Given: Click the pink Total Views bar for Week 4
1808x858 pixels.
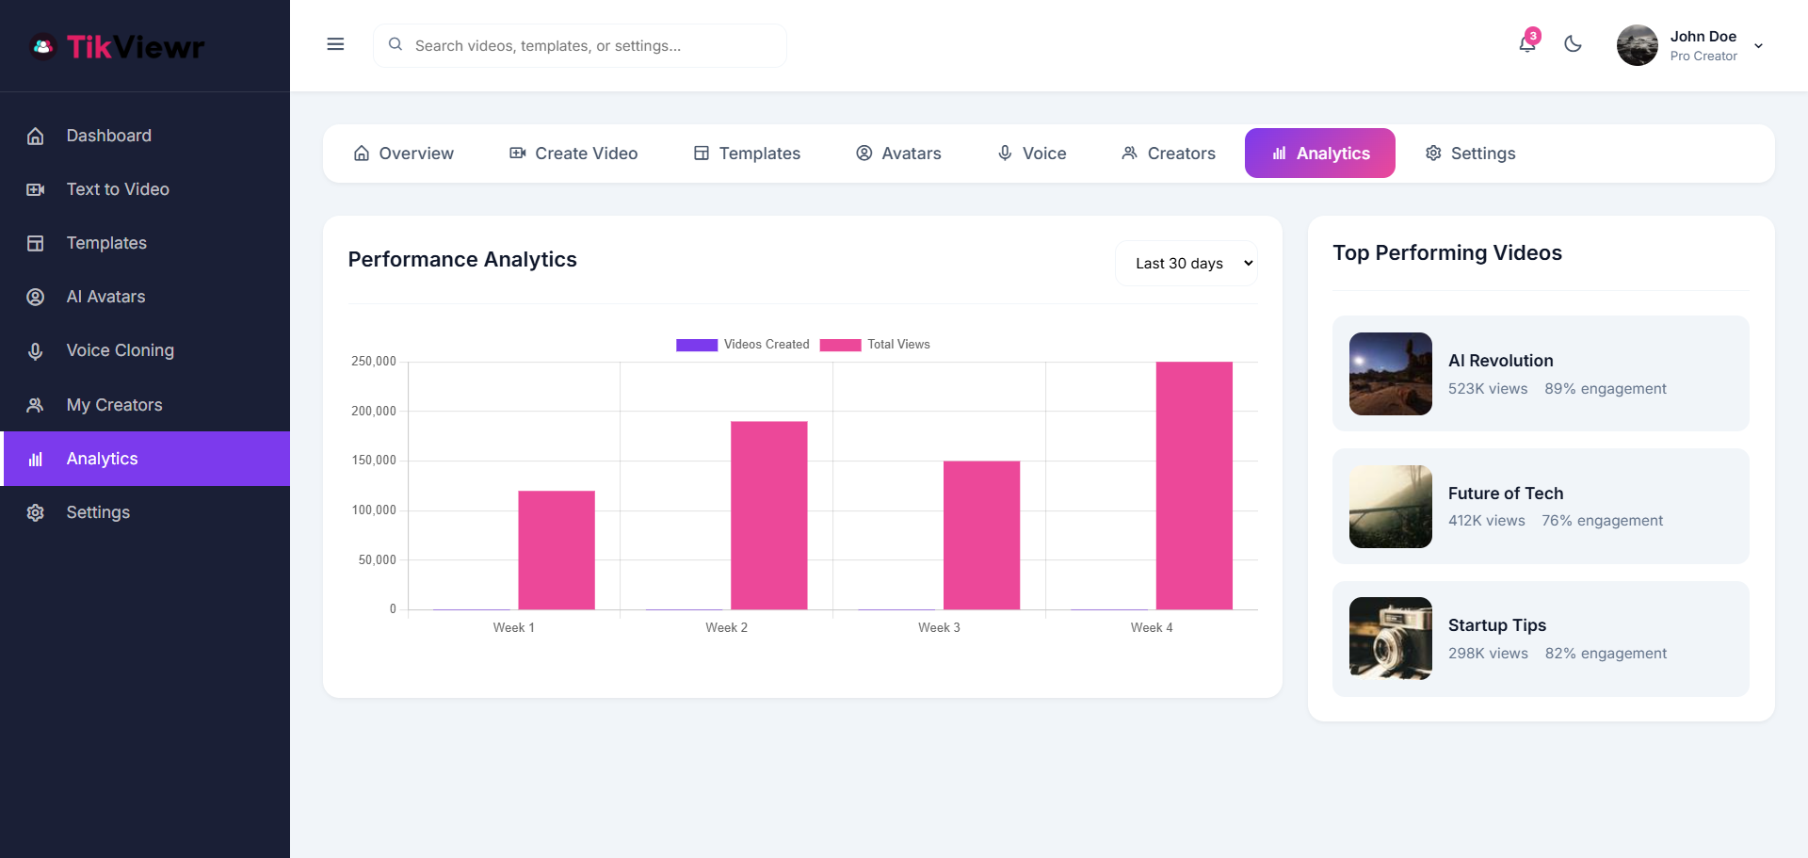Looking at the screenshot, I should (x=1194, y=485).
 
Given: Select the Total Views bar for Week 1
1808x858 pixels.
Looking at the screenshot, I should (x=557, y=550).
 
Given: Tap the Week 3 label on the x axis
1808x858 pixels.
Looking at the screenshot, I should (x=939, y=628).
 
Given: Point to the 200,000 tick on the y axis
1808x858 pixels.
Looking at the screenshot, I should (x=374, y=412).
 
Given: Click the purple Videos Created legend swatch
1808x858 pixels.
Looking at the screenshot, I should (x=697, y=345).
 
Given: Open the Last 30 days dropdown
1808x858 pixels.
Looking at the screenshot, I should (x=1186, y=264).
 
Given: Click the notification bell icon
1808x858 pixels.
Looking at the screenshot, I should (x=1526, y=44).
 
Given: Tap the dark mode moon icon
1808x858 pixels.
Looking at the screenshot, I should (x=1573, y=44).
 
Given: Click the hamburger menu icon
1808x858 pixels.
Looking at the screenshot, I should (x=335, y=44).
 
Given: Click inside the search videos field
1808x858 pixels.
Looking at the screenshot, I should (x=593, y=46).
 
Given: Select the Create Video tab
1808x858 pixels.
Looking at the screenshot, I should (x=573, y=154).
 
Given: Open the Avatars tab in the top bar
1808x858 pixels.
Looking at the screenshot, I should (x=898, y=154).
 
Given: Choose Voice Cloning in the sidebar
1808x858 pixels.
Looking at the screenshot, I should (x=120, y=350).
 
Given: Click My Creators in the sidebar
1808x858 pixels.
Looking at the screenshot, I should (x=114, y=405).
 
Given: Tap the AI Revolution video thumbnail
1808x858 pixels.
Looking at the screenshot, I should (x=1390, y=374).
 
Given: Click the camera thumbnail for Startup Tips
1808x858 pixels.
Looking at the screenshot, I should (x=1390, y=639).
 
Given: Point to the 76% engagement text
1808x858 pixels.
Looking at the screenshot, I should (x=1602, y=521).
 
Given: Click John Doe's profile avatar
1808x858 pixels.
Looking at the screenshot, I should (x=1637, y=45).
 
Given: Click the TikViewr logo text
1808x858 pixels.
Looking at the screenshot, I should (x=136, y=47).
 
